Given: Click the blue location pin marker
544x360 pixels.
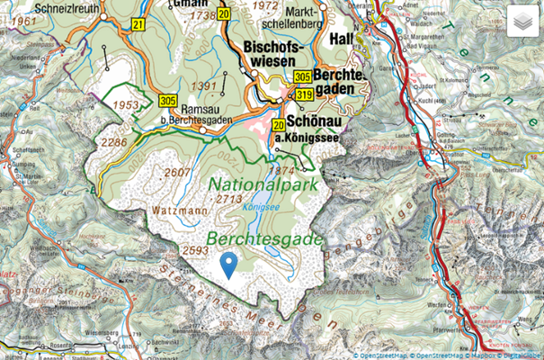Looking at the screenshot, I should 229,265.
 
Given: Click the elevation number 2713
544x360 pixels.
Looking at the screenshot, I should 230,198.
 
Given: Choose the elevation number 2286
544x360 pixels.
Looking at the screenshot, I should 115,141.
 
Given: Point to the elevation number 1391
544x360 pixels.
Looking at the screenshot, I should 207,85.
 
